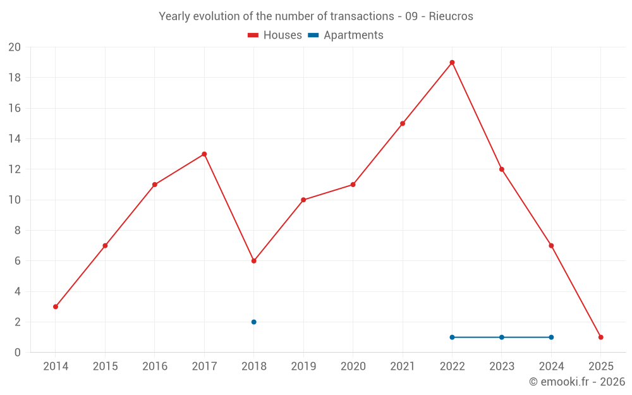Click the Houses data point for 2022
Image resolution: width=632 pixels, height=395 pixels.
click(452, 63)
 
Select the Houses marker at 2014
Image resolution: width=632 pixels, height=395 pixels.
click(56, 307)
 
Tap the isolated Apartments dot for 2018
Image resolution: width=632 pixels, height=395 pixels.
click(253, 322)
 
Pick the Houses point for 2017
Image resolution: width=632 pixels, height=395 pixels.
click(204, 154)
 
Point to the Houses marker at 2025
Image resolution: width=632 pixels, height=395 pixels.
click(600, 337)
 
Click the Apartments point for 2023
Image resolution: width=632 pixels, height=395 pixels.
click(502, 337)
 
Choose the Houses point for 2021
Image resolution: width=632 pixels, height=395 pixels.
click(403, 124)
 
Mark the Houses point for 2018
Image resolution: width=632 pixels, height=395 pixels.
click(253, 261)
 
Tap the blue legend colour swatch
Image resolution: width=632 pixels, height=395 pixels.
click(313, 35)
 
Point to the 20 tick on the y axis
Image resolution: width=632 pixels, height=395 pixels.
click(15, 47)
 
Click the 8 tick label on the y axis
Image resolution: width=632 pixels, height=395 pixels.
click(18, 231)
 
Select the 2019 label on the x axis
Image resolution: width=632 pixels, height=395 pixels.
click(303, 366)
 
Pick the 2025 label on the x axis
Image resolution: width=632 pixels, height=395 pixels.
click(600, 366)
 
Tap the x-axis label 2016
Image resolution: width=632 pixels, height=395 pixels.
click(155, 366)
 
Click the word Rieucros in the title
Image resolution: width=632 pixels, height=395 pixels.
click(451, 16)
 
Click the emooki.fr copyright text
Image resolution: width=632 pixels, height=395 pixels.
click(576, 382)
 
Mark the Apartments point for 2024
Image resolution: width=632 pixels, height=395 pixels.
click(551, 337)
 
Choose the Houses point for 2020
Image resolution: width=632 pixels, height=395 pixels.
click(353, 185)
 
